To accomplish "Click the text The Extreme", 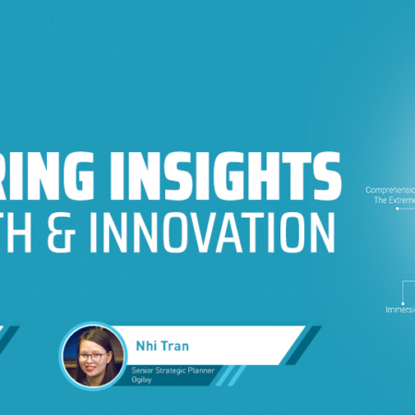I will [394, 200].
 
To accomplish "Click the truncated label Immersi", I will [399, 310].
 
